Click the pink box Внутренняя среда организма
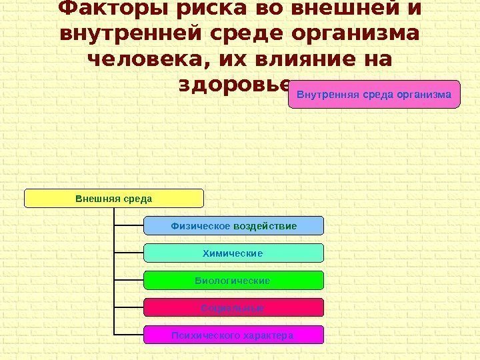pos(375,94)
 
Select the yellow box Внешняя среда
pos(114,198)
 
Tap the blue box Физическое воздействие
pos(233,226)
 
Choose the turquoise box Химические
pos(233,253)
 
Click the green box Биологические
pos(233,281)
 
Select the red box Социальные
pos(233,307)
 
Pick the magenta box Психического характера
pos(233,335)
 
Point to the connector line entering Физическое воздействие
pos(129,226)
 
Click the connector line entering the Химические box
pos(129,253)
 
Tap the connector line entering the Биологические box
pos(129,281)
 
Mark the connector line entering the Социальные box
pos(129,307)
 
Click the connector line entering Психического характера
pos(129,335)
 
